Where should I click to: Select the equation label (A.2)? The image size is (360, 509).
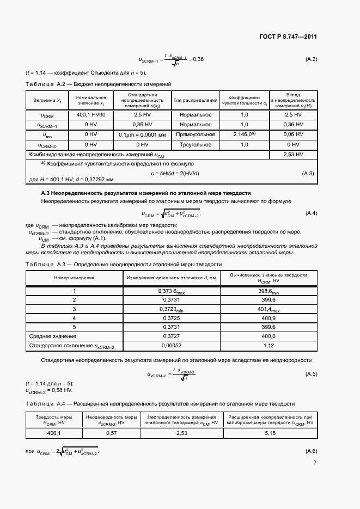(309, 59)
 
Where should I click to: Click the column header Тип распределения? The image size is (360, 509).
(196, 100)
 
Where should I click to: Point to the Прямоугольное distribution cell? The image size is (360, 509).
(196, 134)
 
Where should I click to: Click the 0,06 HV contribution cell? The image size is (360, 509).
(293, 134)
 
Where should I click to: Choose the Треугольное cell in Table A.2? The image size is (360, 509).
(196, 145)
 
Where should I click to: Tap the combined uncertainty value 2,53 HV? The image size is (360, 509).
(293, 155)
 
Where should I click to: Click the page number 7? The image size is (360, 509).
(314, 463)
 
